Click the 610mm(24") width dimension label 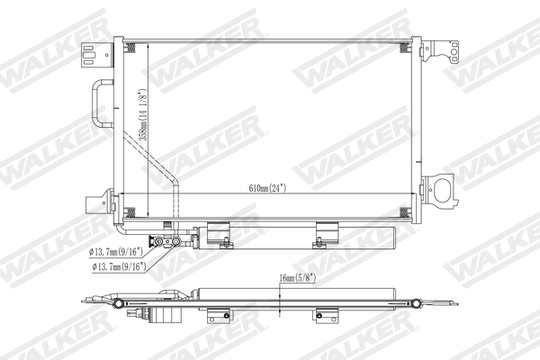[270, 189]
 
